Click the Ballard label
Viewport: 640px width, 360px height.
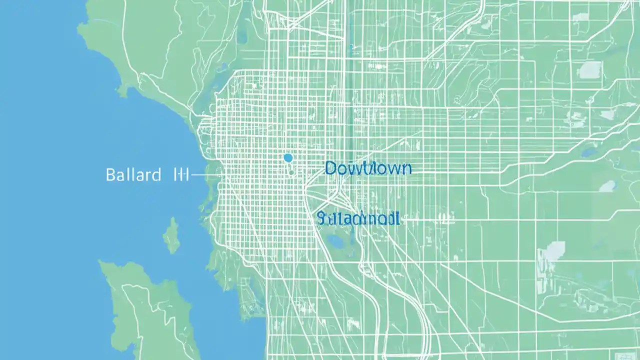pyautogui.click(x=133, y=175)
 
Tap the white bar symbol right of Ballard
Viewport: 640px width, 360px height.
pyautogui.click(x=179, y=174)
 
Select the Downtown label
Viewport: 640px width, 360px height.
pyautogui.click(x=368, y=168)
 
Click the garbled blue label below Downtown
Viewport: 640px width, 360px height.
pyautogui.click(x=358, y=218)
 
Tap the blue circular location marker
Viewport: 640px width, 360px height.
pyautogui.click(x=287, y=158)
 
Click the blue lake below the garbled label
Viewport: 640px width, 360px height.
pyautogui.click(x=335, y=242)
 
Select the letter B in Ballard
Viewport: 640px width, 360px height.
pyautogui.click(x=110, y=175)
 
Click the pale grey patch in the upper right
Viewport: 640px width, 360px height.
pyautogui.click(x=590, y=69)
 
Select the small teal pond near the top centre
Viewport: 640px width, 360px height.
pyautogui.click(x=351, y=48)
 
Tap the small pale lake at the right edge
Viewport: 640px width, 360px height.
pyautogui.click(x=607, y=186)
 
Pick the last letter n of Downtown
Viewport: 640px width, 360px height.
pyautogui.click(x=406, y=168)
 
